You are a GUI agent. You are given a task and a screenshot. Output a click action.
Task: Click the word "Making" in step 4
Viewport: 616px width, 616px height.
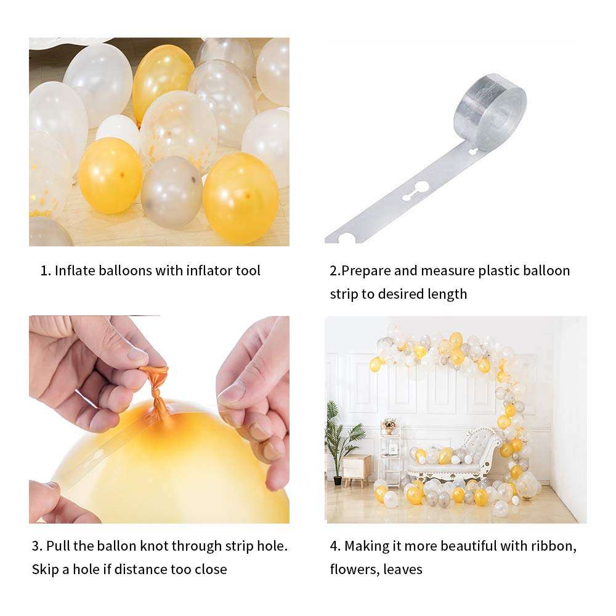pos(365,546)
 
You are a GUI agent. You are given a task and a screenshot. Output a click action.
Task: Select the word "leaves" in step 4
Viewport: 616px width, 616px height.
pos(403,569)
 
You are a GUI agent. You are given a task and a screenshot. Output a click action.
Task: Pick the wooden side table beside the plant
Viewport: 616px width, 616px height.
pos(357,468)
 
